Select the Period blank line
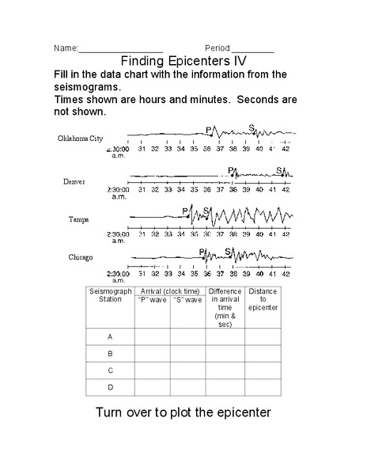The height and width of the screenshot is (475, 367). point(253,51)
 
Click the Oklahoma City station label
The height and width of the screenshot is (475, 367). point(81,139)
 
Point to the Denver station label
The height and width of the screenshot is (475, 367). point(74,181)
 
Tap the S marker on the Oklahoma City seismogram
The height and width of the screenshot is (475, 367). point(252,127)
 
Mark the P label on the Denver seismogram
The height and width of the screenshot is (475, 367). point(231,170)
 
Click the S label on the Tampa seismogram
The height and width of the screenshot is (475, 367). point(206,211)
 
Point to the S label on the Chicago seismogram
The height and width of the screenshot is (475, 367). point(228,253)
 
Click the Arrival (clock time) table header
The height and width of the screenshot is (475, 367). point(170,291)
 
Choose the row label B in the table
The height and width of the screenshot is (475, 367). point(111,354)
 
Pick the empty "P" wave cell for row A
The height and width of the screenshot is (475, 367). point(152,336)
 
